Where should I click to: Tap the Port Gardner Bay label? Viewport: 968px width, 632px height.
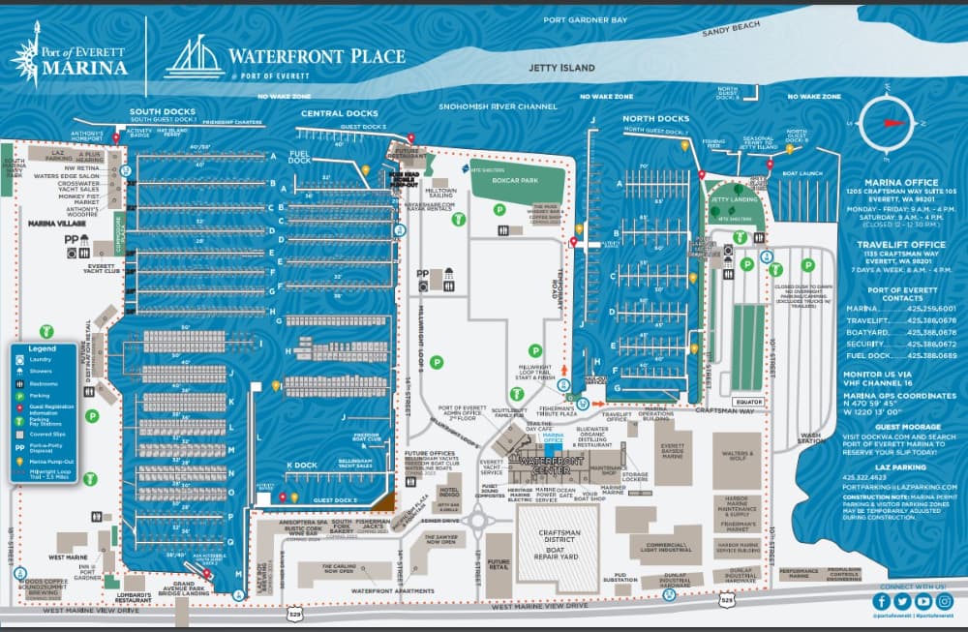pyautogui.click(x=586, y=19)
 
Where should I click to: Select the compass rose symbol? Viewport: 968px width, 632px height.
pyautogui.click(x=888, y=123)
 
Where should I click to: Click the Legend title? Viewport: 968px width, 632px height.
pyautogui.click(x=42, y=347)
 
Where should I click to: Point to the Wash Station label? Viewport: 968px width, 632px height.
pyautogui.click(x=811, y=438)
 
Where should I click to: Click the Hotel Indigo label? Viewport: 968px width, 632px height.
pyautogui.click(x=449, y=493)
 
